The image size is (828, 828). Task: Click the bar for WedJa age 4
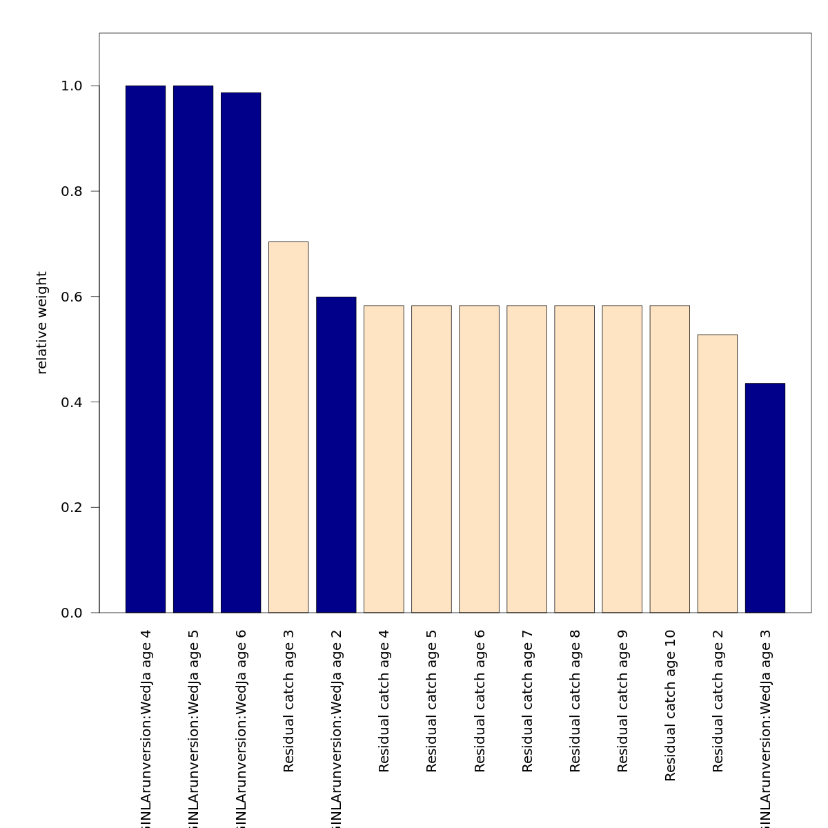146,349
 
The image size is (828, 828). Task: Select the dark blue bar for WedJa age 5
193,349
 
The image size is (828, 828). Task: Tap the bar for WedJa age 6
241,353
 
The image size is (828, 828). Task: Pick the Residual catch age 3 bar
288,427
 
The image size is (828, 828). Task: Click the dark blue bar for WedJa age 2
336,455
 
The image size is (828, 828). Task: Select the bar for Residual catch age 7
526,459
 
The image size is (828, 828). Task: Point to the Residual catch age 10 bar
669,459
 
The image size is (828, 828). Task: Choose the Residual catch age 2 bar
718,473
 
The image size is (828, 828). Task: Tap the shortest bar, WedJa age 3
765,497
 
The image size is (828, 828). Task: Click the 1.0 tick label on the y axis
72,86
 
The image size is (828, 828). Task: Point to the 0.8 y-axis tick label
72,191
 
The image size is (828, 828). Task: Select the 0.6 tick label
72,297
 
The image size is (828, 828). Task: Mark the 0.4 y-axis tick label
72,402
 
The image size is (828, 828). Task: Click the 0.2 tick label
72,507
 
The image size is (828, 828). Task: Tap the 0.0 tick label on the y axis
72,613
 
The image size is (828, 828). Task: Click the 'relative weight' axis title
42,323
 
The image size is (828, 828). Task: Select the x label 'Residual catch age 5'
432,701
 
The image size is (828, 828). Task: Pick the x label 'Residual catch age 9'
622,701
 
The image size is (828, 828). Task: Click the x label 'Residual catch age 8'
575,701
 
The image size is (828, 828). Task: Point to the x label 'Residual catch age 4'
384,701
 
